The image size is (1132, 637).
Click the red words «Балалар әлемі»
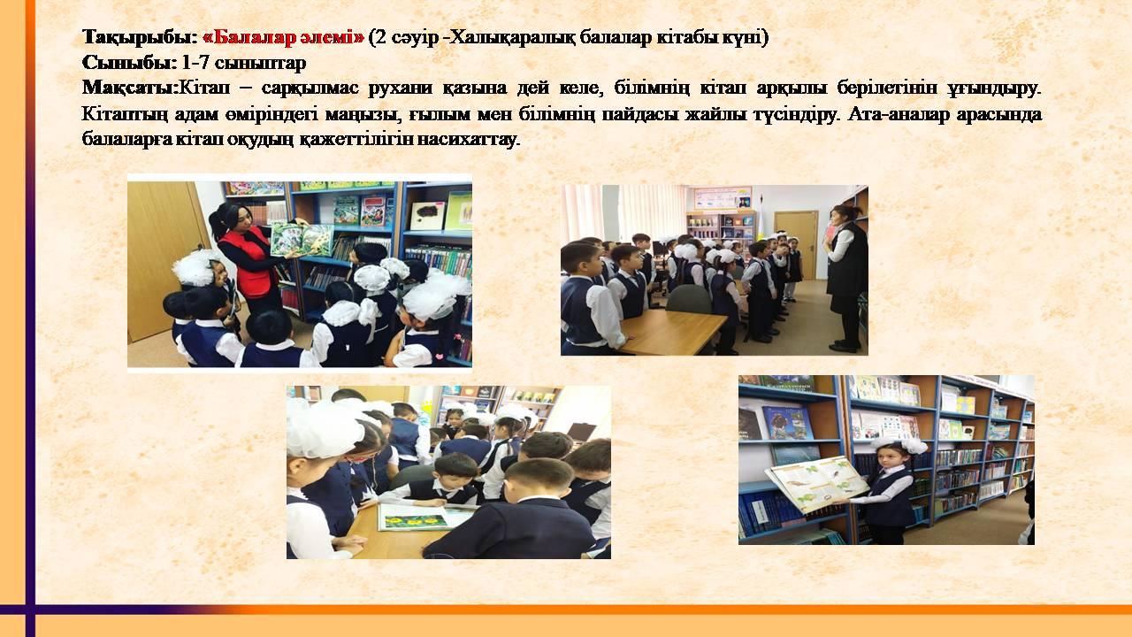[283, 38]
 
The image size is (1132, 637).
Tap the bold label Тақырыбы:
[140, 38]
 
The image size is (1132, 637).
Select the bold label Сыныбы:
[129, 63]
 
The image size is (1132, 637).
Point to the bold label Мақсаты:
[130, 88]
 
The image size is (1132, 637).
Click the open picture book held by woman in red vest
[302, 240]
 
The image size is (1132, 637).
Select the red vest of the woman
[250, 263]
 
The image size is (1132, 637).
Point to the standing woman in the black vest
[846, 278]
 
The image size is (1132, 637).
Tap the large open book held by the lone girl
[817, 483]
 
